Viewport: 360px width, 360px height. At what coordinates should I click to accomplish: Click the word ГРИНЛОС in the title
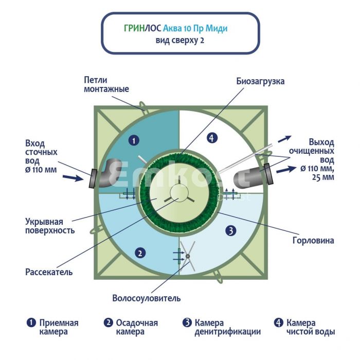(138, 28)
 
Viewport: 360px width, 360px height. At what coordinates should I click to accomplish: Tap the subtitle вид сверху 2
(179, 40)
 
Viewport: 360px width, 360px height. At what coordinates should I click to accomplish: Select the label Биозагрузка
(260, 81)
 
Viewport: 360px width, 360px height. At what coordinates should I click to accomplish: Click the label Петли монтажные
(106, 84)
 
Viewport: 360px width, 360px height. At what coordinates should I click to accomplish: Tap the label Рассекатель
(49, 272)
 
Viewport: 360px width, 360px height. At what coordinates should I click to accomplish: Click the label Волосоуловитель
(147, 298)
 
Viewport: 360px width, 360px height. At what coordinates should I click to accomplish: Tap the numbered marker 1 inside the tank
(133, 139)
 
